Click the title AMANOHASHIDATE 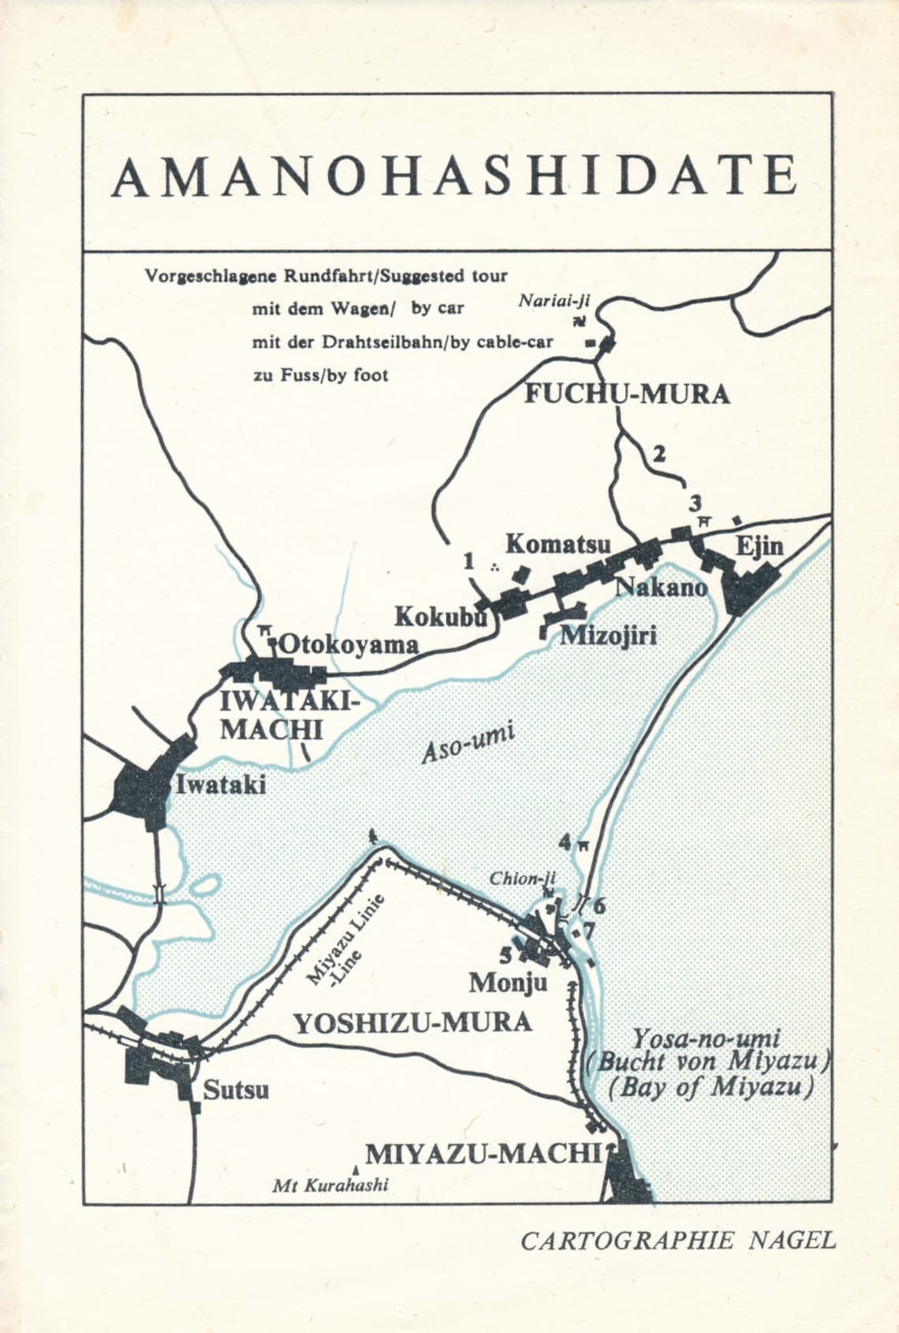[x=455, y=177]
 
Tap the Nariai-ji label [x=554, y=301]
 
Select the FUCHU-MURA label [x=627, y=394]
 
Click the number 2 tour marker [x=659, y=454]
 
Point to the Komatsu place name [x=558, y=544]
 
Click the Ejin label [x=759, y=547]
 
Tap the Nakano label [x=661, y=587]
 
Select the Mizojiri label [x=607, y=636]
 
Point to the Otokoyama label [x=348, y=644]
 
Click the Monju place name [x=507, y=983]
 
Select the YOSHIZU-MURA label [x=412, y=1023]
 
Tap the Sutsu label [x=236, y=1091]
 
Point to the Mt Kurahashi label [x=330, y=1185]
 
